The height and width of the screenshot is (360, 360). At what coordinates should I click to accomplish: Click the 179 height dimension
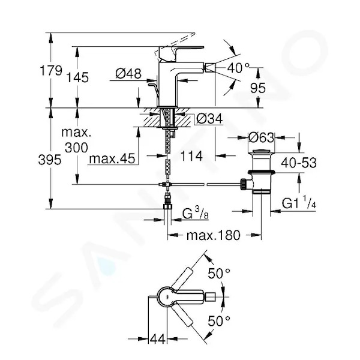click(51, 70)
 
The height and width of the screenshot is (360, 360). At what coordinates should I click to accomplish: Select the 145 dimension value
click(77, 77)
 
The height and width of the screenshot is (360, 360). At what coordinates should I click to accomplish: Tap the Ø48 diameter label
click(128, 74)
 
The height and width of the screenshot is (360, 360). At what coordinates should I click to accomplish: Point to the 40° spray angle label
click(238, 68)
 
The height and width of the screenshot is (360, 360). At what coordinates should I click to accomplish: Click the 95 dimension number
click(258, 88)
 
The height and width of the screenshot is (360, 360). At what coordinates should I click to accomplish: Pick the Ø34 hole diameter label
click(209, 119)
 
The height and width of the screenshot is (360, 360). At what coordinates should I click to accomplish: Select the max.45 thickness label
click(112, 158)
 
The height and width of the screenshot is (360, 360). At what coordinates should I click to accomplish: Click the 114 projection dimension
click(191, 156)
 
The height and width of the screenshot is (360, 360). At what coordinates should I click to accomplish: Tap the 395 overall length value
click(50, 160)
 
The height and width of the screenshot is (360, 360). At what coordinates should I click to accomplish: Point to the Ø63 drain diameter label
click(262, 138)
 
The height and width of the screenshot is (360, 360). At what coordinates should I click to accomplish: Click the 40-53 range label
click(299, 163)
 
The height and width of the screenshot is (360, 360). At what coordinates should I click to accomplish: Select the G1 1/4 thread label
click(299, 203)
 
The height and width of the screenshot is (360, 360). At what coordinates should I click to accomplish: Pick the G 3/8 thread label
click(196, 214)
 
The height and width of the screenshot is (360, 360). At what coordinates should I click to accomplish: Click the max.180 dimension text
click(214, 235)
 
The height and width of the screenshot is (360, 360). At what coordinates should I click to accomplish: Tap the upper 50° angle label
click(219, 274)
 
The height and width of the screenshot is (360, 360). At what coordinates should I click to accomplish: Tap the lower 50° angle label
click(219, 321)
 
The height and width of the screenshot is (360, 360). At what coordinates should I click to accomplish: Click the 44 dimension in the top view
click(157, 338)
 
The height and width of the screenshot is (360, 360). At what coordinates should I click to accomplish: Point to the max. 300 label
click(76, 140)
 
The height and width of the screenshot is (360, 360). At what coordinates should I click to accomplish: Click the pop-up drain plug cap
click(262, 151)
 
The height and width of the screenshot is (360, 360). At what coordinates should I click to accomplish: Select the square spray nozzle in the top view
click(211, 297)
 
